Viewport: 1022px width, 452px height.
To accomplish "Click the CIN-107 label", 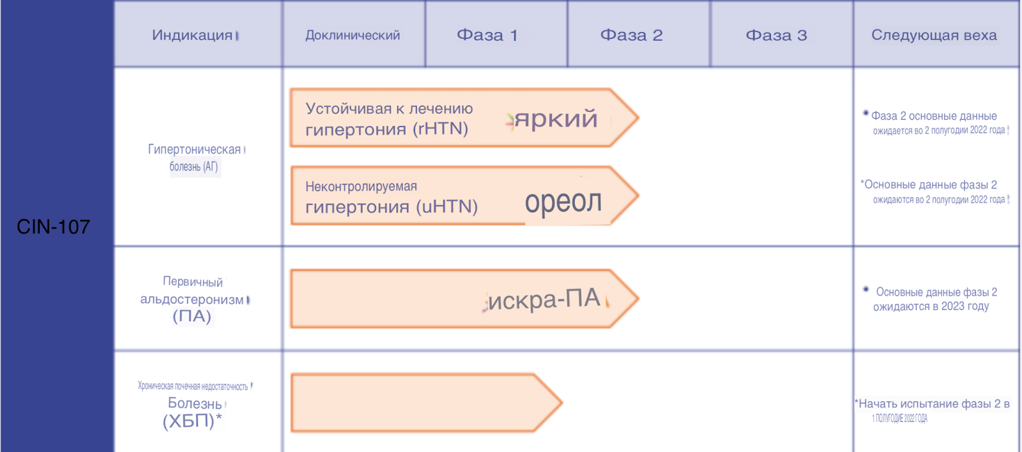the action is point(54,227).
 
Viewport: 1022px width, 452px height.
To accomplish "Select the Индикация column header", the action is point(192,35).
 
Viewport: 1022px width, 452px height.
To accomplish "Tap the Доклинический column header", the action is point(353,35).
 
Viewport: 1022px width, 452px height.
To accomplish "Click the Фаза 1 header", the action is point(487,35).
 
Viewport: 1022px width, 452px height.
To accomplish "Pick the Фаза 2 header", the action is point(631,35).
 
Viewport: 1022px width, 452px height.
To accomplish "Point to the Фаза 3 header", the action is point(776,35).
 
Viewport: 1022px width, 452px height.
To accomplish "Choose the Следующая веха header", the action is point(934,35).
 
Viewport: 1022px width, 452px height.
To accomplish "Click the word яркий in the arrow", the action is point(556,119).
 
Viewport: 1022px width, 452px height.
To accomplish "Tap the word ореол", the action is point(563,201).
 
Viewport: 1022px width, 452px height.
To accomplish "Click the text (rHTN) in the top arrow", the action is point(440,129).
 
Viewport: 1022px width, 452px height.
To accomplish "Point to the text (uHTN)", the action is point(446,207).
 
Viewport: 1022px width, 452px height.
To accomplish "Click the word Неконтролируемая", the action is point(361,187).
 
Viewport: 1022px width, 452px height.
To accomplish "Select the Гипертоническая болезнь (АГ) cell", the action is point(194,158).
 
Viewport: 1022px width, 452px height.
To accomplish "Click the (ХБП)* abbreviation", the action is point(192,421).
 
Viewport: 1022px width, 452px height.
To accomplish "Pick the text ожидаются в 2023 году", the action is point(931,306).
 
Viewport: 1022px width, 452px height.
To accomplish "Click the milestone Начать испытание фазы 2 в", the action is point(933,404).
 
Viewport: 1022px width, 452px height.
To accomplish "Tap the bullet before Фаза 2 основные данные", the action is point(866,113).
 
